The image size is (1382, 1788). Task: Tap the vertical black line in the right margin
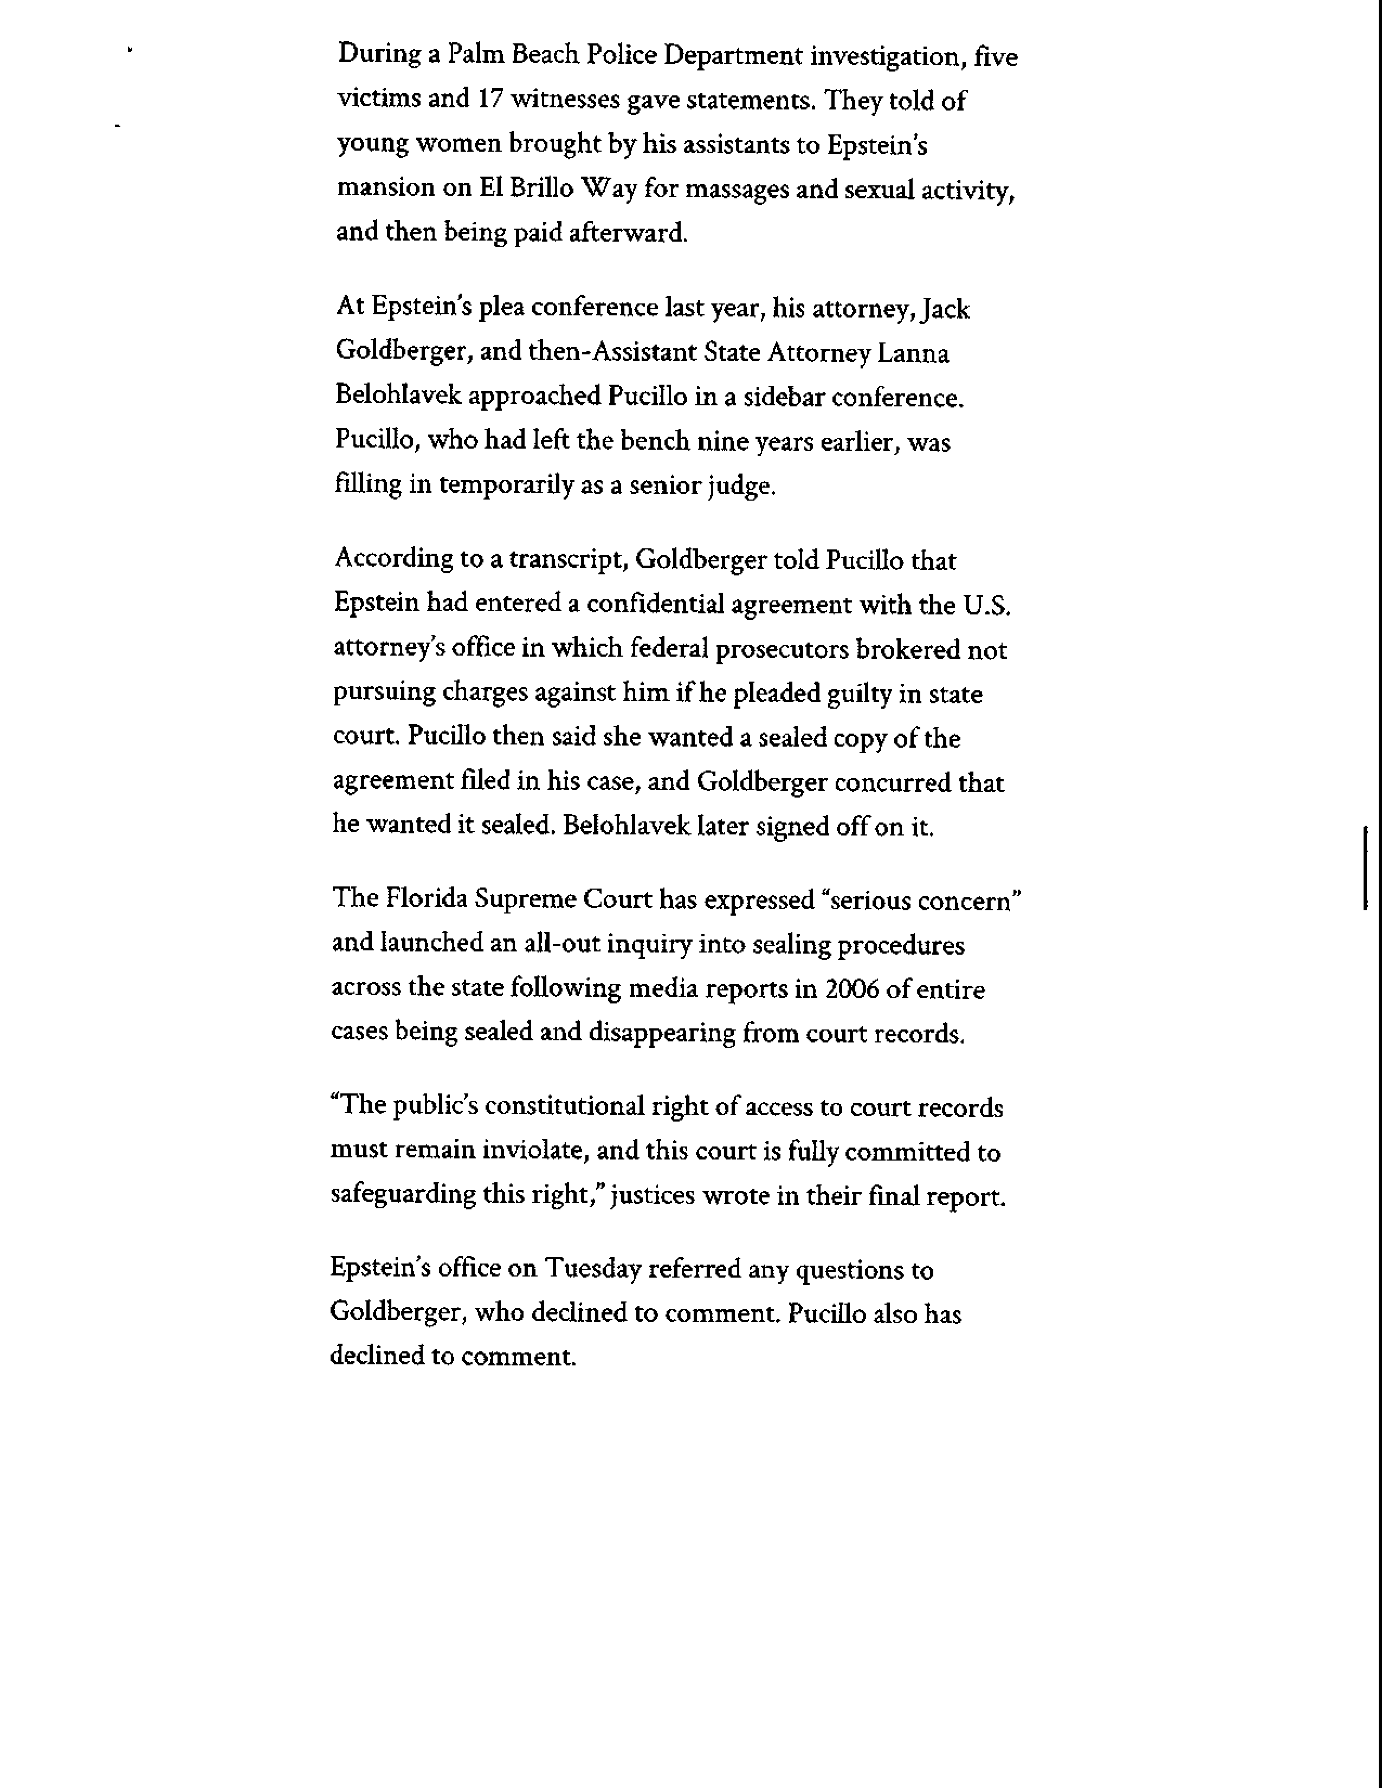point(1364,868)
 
